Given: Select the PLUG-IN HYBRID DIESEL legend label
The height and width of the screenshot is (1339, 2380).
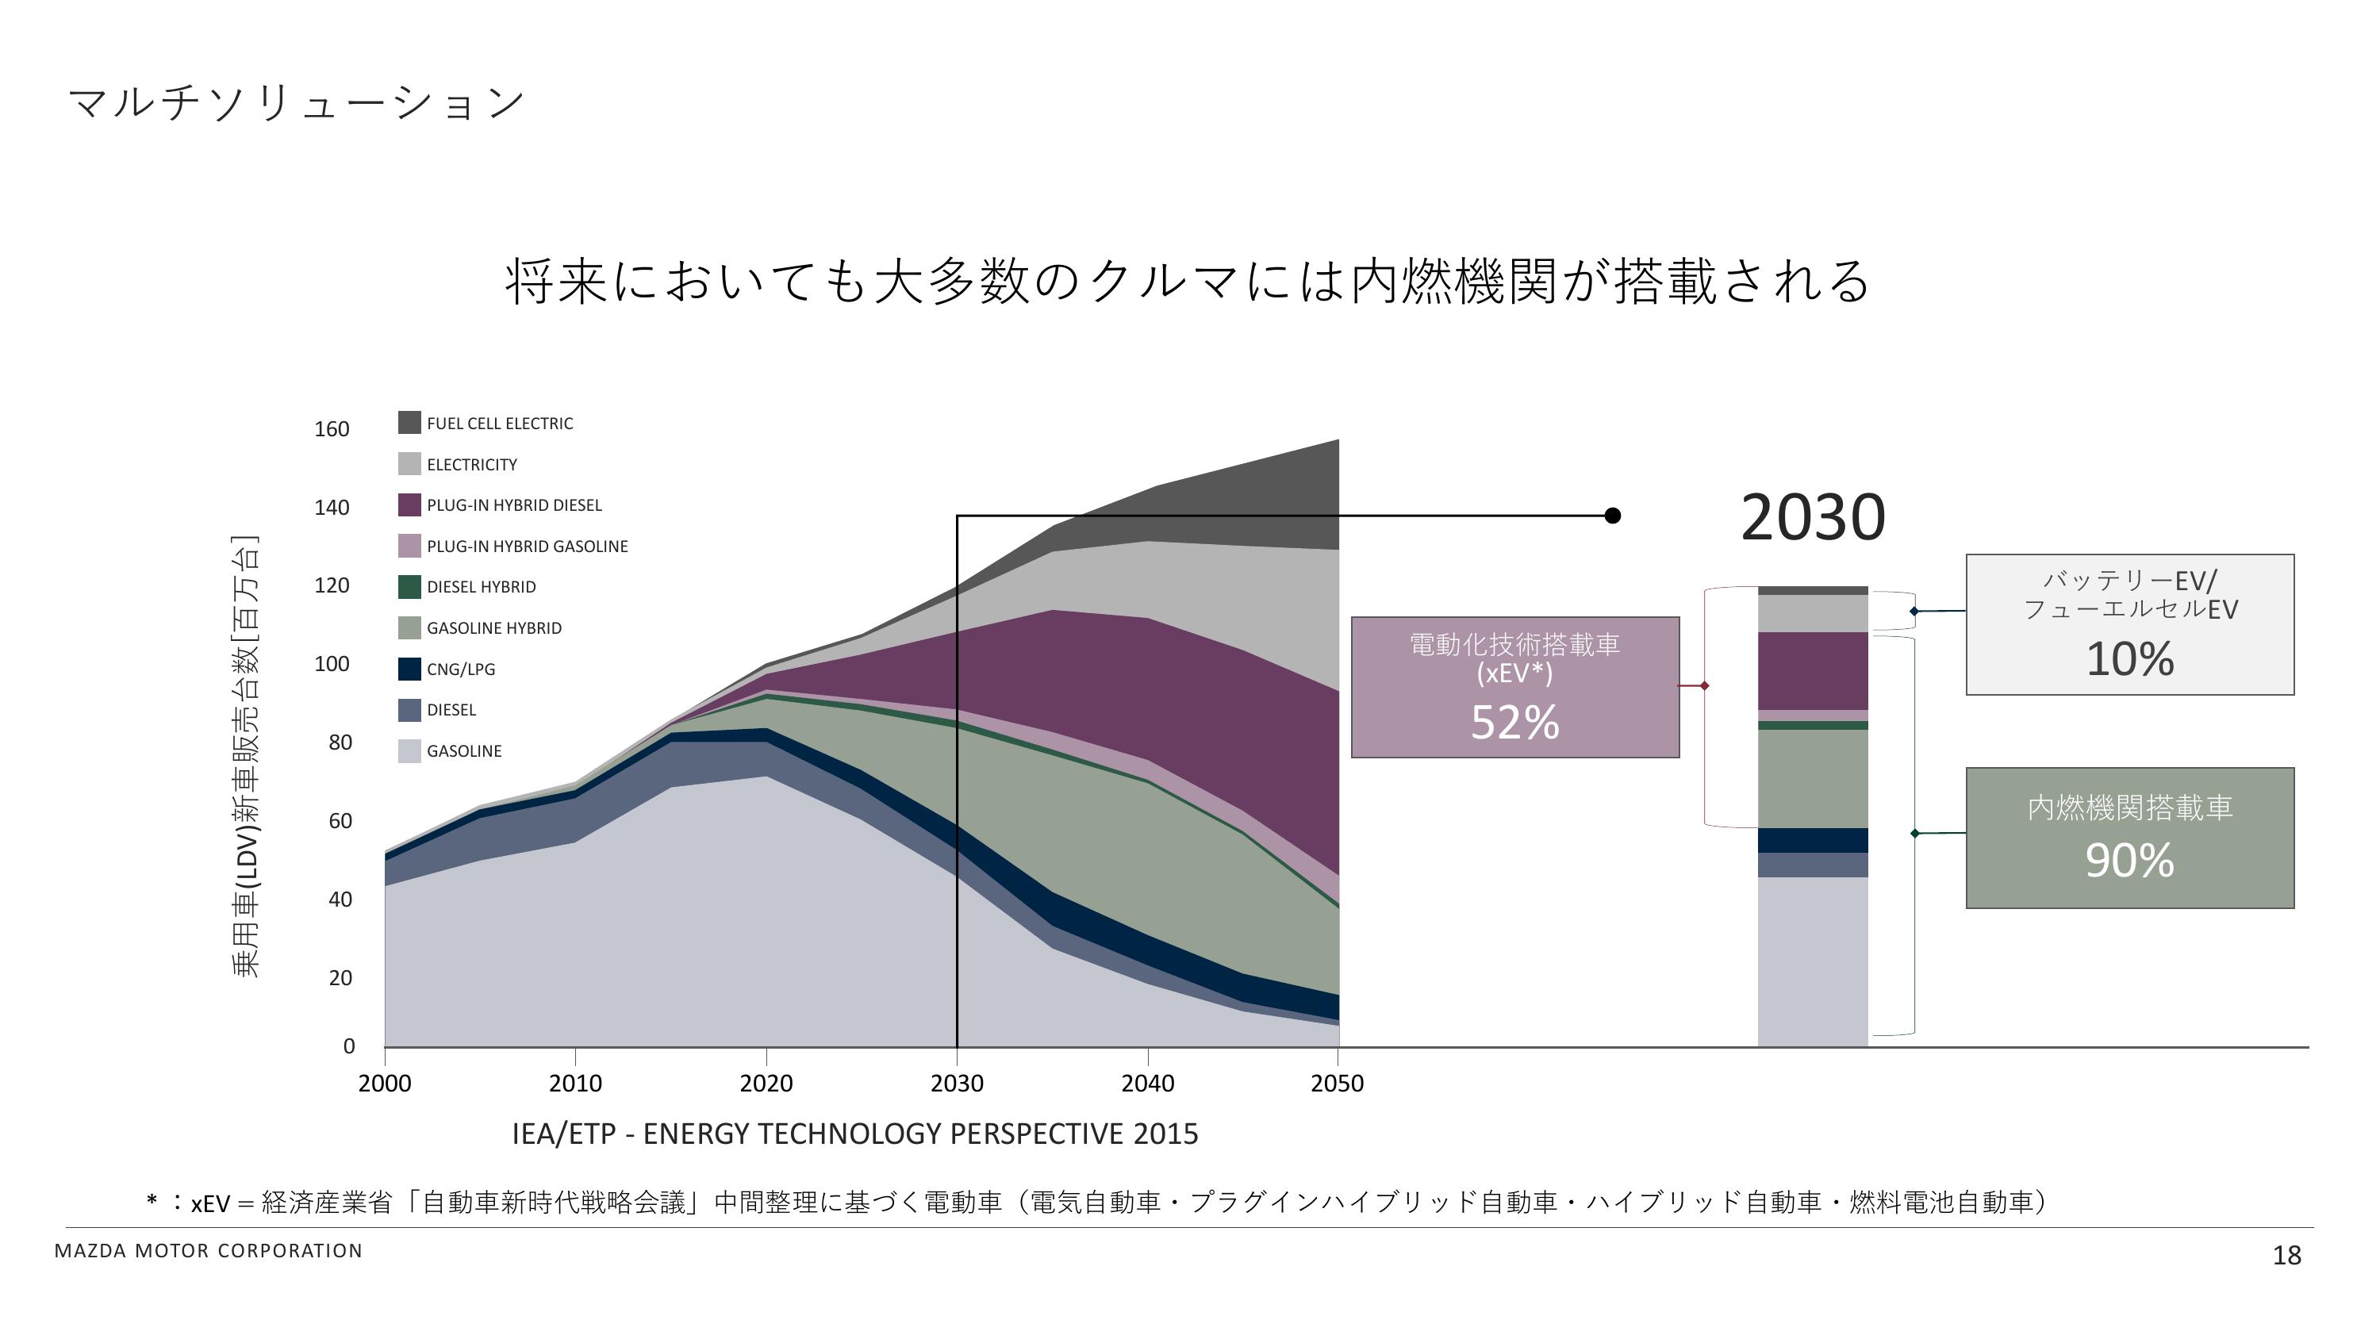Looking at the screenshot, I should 514,505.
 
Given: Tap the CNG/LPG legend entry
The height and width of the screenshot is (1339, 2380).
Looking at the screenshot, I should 460,669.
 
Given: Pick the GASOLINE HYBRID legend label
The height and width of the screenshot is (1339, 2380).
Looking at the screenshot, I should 493,628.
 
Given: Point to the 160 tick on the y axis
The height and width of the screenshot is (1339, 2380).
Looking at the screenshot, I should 332,429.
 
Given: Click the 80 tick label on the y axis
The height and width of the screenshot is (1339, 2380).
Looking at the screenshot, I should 340,742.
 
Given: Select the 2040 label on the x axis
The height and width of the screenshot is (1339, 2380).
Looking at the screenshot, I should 1147,1083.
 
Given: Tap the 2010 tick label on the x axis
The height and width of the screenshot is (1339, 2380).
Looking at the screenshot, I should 574,1083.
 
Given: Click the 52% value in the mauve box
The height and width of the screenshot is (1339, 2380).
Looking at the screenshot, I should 1514,723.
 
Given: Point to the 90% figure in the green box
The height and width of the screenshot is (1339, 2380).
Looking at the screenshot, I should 2129,861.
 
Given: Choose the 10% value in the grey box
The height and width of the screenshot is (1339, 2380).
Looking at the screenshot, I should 2129,659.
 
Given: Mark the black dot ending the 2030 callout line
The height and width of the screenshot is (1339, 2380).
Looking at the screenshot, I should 1612,516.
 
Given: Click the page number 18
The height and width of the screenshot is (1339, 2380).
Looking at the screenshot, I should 2286,1255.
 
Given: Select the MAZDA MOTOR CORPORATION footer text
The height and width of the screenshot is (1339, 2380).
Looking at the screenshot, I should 209,1251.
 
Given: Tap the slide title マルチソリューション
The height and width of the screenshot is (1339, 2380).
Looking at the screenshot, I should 297,102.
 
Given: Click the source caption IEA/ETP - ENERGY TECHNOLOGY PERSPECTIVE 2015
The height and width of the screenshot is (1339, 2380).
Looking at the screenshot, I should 854,1134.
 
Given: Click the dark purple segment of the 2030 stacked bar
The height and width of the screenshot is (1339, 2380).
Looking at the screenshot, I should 1812,671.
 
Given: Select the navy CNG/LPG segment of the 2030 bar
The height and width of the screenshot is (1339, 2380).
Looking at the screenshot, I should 1812,840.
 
